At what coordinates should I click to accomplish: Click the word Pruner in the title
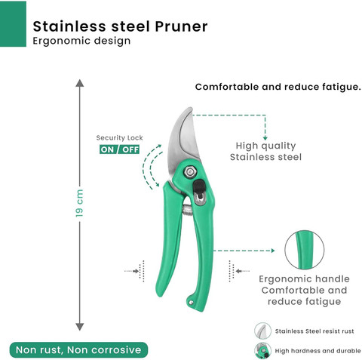click(181, 26)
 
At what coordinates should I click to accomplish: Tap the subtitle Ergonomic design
click(81, 41)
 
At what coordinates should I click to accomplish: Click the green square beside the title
click(13, 24)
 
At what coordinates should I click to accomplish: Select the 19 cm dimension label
click(79, 203)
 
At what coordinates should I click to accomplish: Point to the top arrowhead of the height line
click(80, 83)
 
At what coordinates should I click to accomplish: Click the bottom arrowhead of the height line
click(80, 327)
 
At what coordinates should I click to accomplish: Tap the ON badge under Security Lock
click(107, 149)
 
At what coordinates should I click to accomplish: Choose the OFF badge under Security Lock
click(130, 149)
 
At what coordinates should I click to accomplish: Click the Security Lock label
click(119, 137)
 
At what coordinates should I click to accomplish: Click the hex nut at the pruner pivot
click(190, 172)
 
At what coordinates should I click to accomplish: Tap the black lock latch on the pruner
click(199, 188)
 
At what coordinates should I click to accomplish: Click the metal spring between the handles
click(187, 210)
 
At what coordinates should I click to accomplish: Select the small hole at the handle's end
click(192, 302)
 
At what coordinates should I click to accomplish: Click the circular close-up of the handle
click(305, 250)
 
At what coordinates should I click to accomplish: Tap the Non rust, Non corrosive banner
click(78, 349)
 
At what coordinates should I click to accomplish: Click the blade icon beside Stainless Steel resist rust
click(262, 331)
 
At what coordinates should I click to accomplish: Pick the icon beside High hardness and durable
click(262, 350)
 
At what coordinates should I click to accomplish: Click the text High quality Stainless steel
click(265, 151)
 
